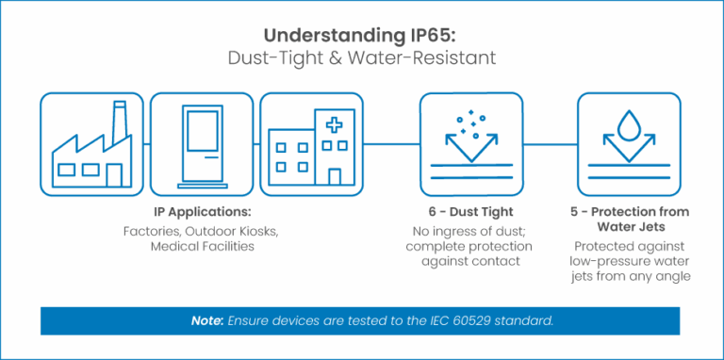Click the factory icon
click(x=91, y=143)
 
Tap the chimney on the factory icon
click(x=120, y=123)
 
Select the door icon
click(x=202, y=143)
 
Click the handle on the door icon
click(x=215, y=155)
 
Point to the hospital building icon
click(x=311, y=143)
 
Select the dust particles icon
click(x=469, y=143)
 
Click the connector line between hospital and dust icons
click(x=390, y=144)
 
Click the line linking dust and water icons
click(x=550, y=144)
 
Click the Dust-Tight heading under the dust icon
click(x=469, y=213)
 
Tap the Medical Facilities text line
click(x=200, y=245)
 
